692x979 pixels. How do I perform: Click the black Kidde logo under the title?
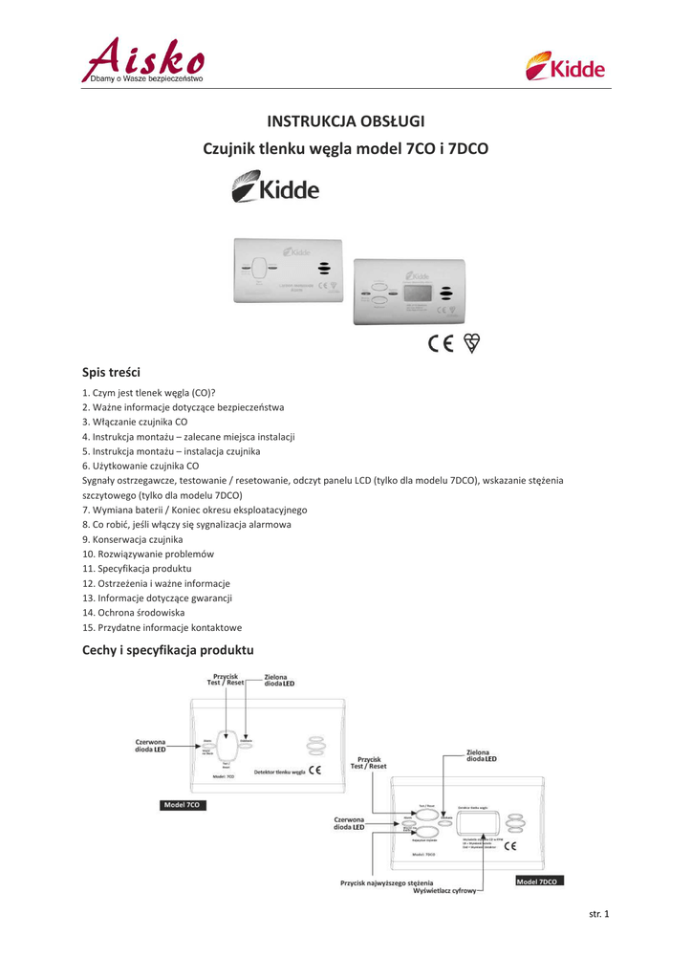click(276, 186)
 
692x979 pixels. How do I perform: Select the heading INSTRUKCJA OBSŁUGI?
click(345, 121)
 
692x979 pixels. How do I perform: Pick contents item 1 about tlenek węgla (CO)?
click(149, 392)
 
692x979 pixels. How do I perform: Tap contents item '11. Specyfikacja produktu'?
click(138, 568)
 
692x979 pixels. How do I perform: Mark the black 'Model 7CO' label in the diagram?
click(181, 805)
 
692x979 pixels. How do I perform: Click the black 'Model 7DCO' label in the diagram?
click(539, 881)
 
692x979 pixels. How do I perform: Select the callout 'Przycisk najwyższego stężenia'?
click(386, 882)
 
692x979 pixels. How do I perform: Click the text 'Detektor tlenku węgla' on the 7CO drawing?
click(279, 771)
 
